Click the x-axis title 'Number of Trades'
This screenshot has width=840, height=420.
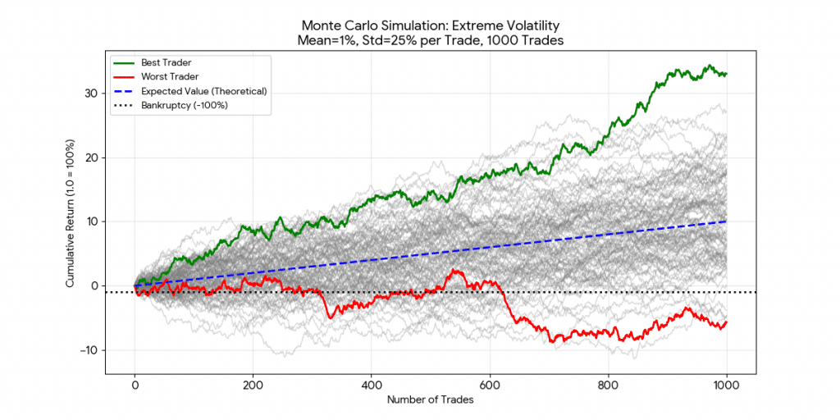click(x=431, y=399)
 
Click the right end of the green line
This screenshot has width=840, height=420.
click(x=726, y=74)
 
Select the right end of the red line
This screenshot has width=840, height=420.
click(x=726, y=322)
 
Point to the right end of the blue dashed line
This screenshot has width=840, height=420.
click(x=726, y=221)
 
